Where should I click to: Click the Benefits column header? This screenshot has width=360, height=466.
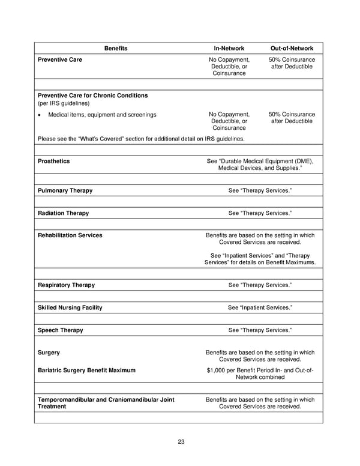coord(116,48)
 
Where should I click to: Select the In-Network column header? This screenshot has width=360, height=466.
coord(228,48)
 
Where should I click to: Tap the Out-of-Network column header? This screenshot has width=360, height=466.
coord(292,48)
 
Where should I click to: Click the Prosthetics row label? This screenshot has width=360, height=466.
coord(53,161)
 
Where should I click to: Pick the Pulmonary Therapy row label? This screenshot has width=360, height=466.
coord(65,190)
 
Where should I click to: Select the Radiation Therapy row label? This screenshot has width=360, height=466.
coord(63,213)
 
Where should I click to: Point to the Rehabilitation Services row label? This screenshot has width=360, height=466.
coord(70,235)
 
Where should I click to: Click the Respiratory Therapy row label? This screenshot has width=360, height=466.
coord(66,285)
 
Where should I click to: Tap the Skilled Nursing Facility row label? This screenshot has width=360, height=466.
coord(70,307)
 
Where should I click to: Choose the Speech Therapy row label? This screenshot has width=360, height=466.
coord(60,330)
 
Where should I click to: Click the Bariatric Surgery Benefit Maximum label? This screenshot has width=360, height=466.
coord(86,371)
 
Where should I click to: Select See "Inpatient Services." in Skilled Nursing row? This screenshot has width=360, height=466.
coord(260,307)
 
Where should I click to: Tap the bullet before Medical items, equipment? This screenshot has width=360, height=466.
coord(40,115)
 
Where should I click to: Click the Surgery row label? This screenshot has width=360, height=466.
coord(49,353)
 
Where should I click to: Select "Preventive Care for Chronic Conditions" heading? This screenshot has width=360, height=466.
coord(92,95)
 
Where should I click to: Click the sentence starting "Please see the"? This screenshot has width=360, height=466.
coord(141,139)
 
